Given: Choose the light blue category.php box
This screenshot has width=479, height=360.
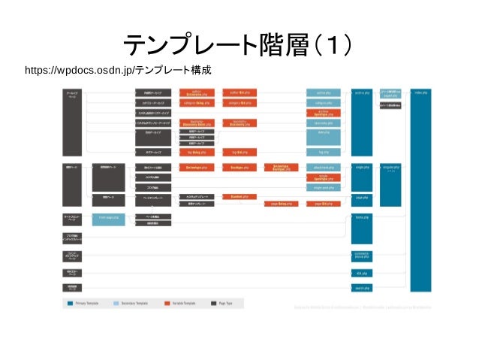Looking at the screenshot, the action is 324,103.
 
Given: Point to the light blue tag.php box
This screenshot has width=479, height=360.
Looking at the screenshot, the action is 324,151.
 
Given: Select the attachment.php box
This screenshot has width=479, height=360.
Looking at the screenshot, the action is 324,168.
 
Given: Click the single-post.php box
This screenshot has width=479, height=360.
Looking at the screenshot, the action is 324,187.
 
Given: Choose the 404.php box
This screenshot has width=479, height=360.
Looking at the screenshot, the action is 361,274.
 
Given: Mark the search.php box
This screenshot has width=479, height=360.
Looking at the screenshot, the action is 361,287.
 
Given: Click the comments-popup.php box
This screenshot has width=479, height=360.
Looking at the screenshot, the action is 361,256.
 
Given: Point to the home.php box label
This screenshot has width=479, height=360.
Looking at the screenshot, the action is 361,217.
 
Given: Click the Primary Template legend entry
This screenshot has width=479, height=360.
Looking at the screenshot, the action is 87,303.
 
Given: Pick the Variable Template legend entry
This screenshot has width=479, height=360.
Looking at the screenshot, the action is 183,303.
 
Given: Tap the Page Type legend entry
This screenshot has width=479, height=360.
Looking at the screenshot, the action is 226,303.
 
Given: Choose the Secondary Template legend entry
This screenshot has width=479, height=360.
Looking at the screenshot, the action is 134,303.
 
